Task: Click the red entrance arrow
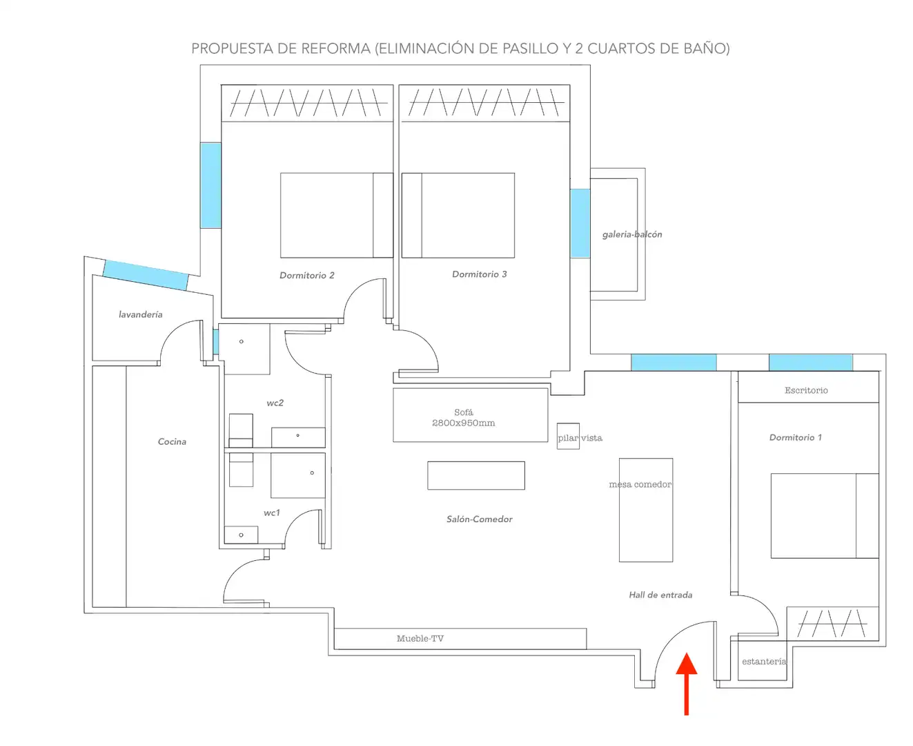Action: click(686, 684)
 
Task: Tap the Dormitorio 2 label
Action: click(307, 275)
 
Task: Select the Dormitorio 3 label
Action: click(479, 274)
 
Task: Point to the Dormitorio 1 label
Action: click(795, 437)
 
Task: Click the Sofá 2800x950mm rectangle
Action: click(471, 415)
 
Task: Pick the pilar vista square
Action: click(568, 437)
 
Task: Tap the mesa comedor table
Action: click(646, 510)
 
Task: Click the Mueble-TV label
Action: click(420, 638)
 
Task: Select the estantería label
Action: click(764, 662)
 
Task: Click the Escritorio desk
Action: click(808, 387)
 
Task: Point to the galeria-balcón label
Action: click(632, 234)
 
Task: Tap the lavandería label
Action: click(141, 314)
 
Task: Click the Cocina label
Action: click(172, 441)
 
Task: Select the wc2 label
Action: click(275, 403)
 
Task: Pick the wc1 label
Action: click(272, 513)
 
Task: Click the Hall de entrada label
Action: click(660, 595)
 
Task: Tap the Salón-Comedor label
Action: click(479, 519)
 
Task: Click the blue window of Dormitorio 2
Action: click(210, 185)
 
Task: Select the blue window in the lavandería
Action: click(146, 275)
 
